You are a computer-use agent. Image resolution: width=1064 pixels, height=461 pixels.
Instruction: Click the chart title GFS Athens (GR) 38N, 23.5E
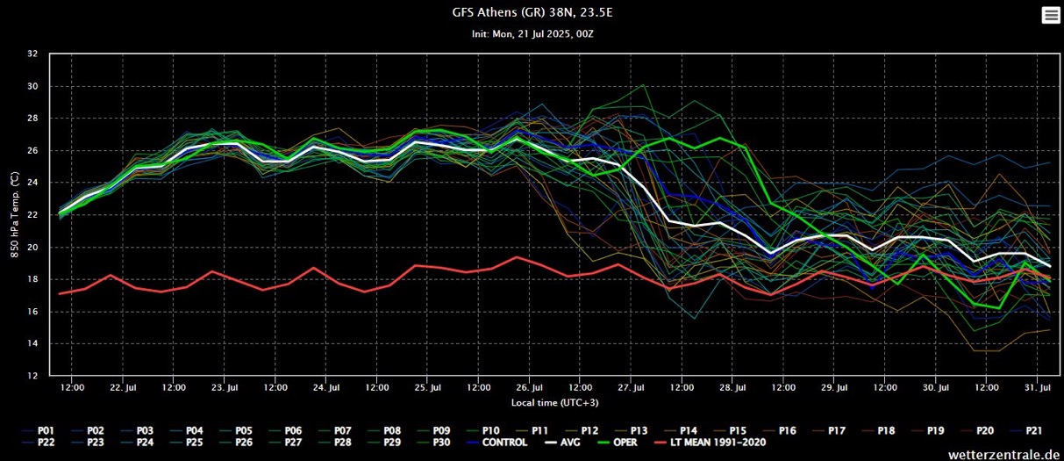[x=532, y=13]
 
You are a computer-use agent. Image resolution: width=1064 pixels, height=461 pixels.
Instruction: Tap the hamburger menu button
[x=1050, y=15]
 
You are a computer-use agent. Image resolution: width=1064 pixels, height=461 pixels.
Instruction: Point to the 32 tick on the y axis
[x=32, y=54]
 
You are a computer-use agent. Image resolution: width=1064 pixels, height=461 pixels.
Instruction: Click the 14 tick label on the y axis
[x=32, y=343]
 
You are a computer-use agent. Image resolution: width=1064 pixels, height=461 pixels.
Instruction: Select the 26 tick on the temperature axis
[x=32, y=150]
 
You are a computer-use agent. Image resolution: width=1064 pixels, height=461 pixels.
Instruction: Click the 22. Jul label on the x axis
[x=123, y=387]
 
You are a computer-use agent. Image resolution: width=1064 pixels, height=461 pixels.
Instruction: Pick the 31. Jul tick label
[x=1038, y=387]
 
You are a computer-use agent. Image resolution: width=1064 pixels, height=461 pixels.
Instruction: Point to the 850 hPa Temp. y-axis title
[x=15, y=215]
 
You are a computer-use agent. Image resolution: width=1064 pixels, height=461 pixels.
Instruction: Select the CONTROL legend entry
[x=504, y=442]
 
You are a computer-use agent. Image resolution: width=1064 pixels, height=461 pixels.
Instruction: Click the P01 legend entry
[x=46, y=430]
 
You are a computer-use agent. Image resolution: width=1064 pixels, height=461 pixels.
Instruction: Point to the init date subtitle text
[x=532, y=33]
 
